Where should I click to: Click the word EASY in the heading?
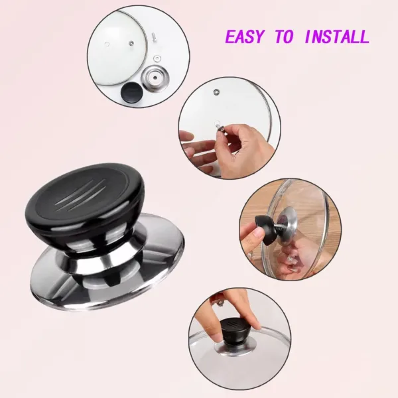tap(247, 36)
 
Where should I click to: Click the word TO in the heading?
tap(284, 36)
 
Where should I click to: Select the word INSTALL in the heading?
tap(336, 36)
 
